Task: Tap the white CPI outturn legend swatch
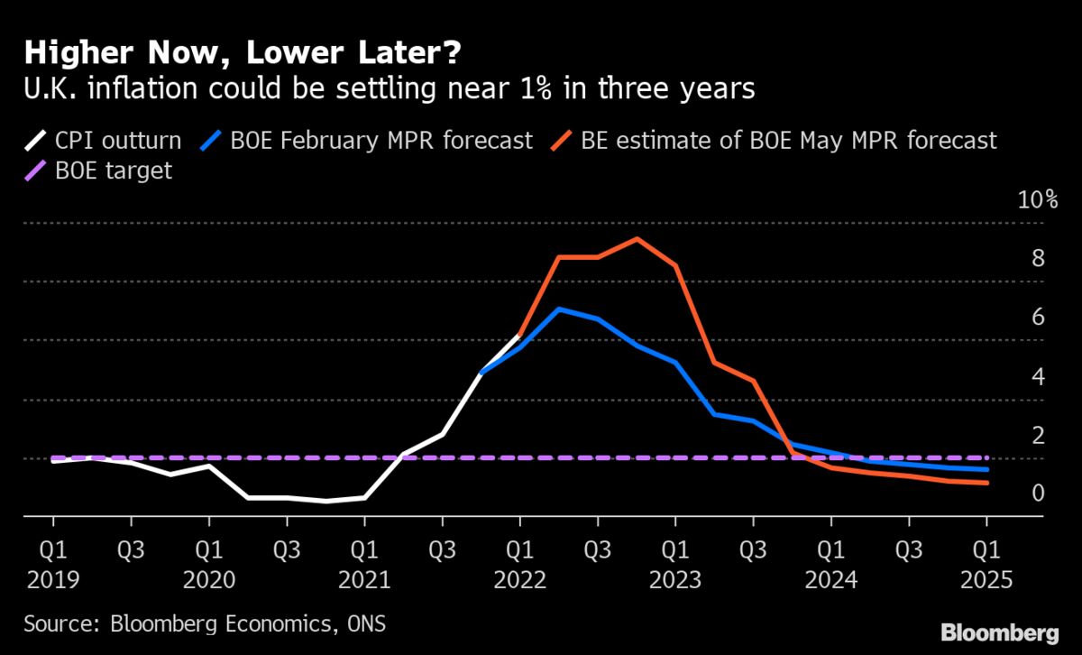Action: click(x=35, y=141)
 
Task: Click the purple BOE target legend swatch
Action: click(x=35, y=171)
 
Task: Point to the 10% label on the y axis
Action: click(x=1037, y=200)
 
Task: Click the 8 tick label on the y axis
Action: click(x=1038, y=260)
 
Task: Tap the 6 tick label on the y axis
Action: click(x=1038, y=318)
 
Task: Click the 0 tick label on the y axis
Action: click(x=1038, y=494)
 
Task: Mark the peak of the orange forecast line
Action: click(x=637, y=239)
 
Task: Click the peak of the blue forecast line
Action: click(x=559, y=309)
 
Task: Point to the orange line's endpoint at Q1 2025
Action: click(x=987, y=483)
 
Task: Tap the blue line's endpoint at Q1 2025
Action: click(x=987, y=469)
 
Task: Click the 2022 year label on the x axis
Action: click(x=520, y=577)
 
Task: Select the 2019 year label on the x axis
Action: click(x=53, y=577)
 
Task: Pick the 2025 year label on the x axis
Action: click(x=987, y=577)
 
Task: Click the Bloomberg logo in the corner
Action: click(x=998, y=631)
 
